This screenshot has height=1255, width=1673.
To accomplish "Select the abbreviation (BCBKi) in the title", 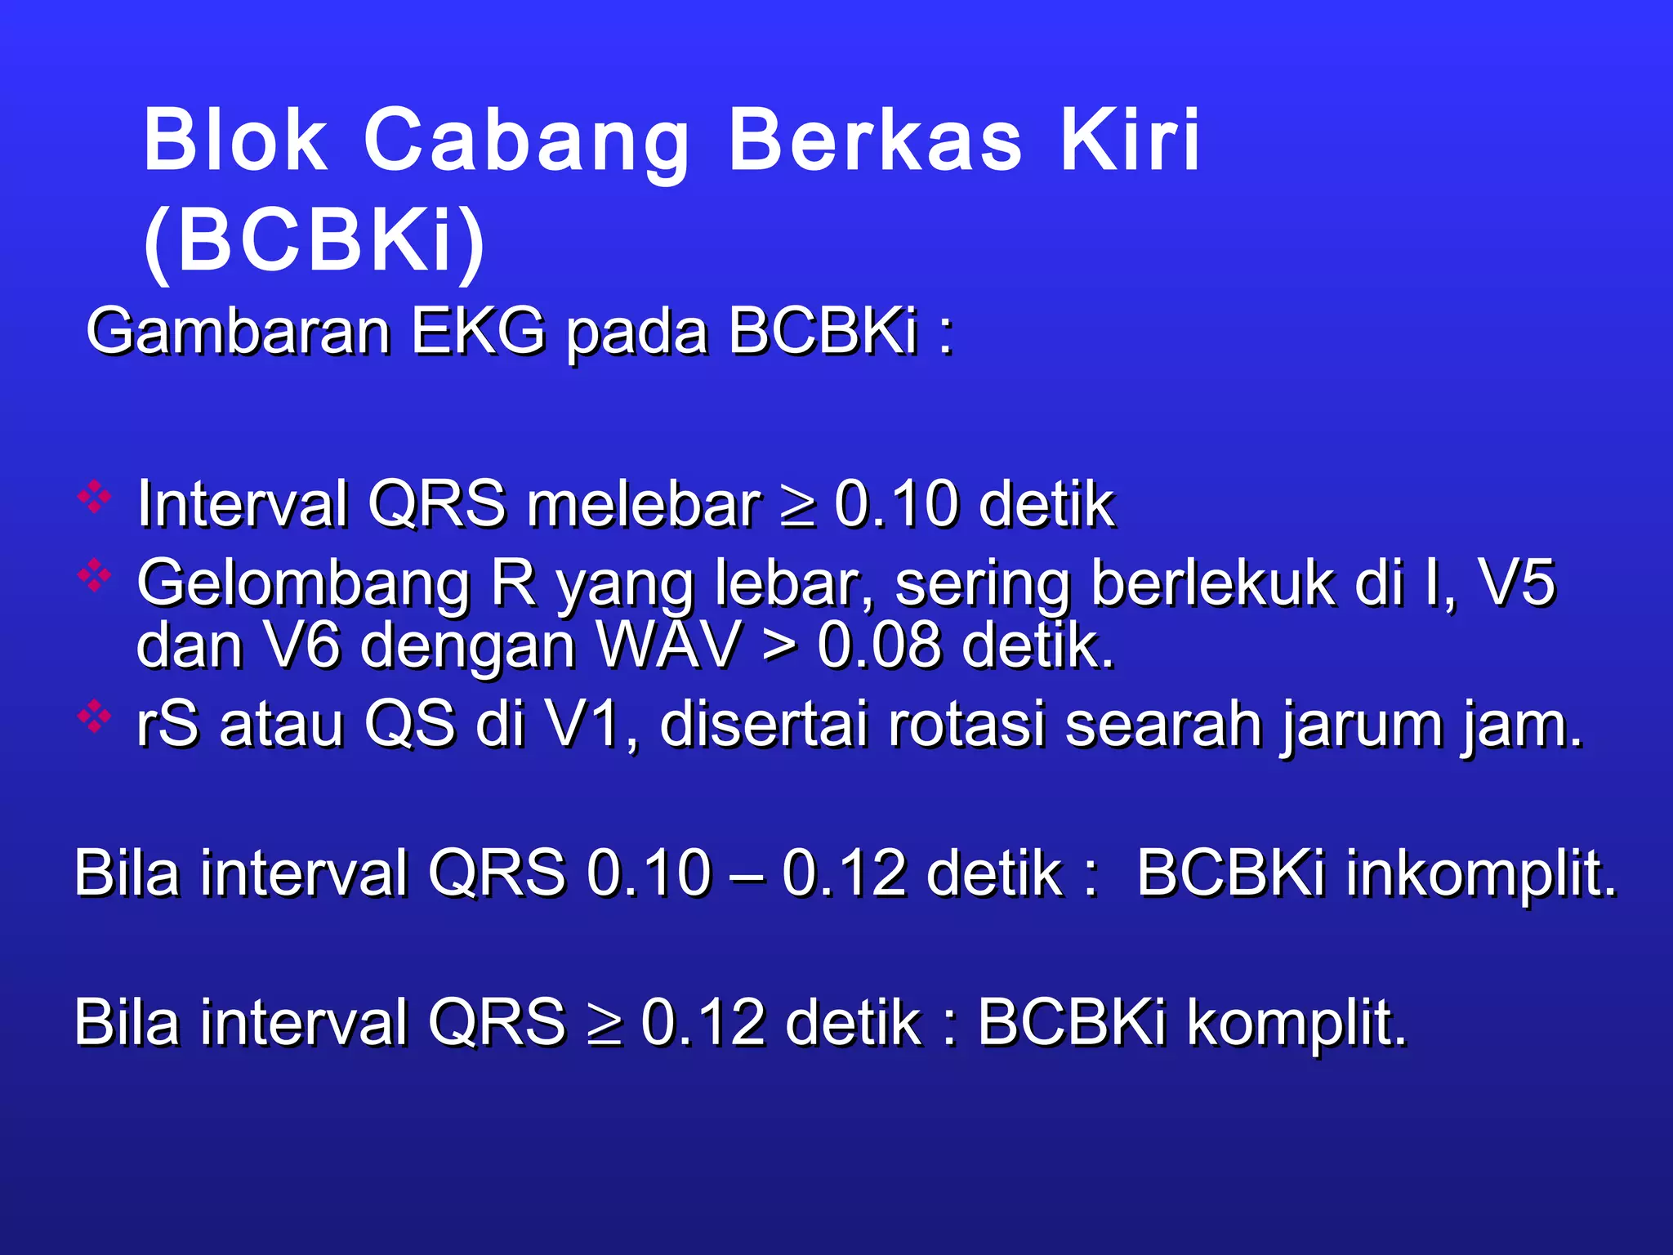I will click(315, 240).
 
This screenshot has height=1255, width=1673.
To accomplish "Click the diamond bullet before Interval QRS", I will click(95, 497).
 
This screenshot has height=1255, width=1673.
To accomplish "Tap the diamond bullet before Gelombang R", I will click(95, 576).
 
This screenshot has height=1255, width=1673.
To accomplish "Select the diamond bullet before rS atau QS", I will click(95, 717).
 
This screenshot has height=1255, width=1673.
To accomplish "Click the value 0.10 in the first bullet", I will click(896, 504).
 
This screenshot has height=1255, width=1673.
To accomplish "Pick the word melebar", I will click(644, 504).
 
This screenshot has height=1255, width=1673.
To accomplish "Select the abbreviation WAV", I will click(668, 645).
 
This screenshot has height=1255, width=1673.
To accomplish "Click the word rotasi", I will click(966, 724).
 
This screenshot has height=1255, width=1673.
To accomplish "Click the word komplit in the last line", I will click(1297, 1023).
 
